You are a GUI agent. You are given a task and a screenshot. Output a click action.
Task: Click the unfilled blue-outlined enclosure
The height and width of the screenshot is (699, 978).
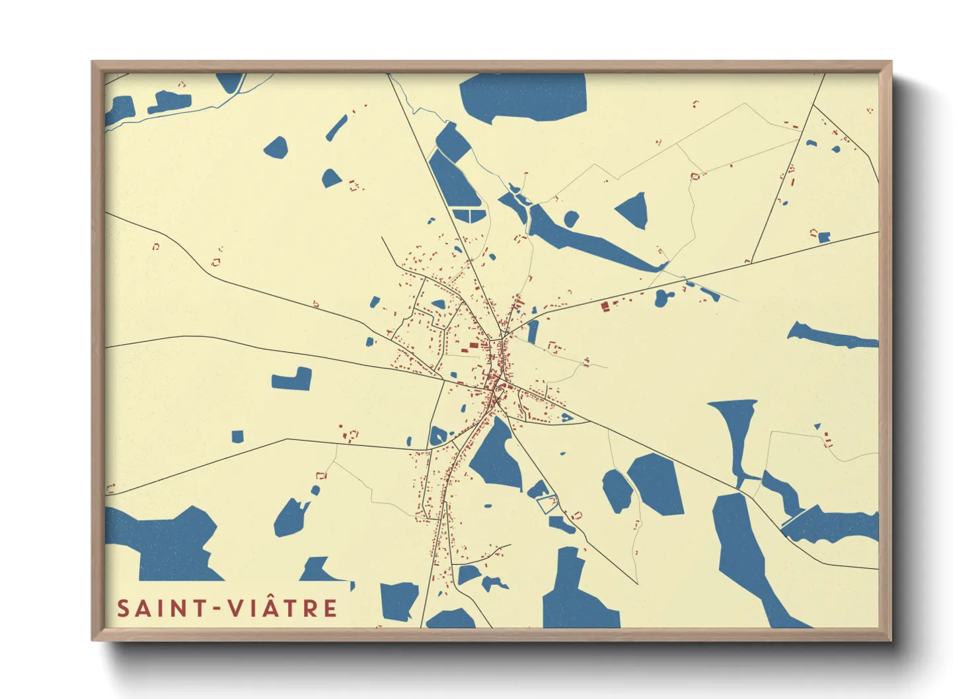tap(546, 504)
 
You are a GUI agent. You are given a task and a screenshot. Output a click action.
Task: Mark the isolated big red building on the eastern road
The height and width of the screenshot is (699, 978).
tap(605, 307)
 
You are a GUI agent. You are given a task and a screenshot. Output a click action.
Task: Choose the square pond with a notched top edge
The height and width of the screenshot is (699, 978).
tap(292, 380)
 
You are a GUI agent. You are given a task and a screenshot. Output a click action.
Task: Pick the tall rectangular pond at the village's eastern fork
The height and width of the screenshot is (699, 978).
tap(533, 332)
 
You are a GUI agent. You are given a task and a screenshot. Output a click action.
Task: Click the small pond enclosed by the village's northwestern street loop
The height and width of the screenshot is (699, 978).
tap(438, 305)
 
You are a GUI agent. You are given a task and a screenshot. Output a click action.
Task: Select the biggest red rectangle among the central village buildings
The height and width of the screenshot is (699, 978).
tap(473, 345)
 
